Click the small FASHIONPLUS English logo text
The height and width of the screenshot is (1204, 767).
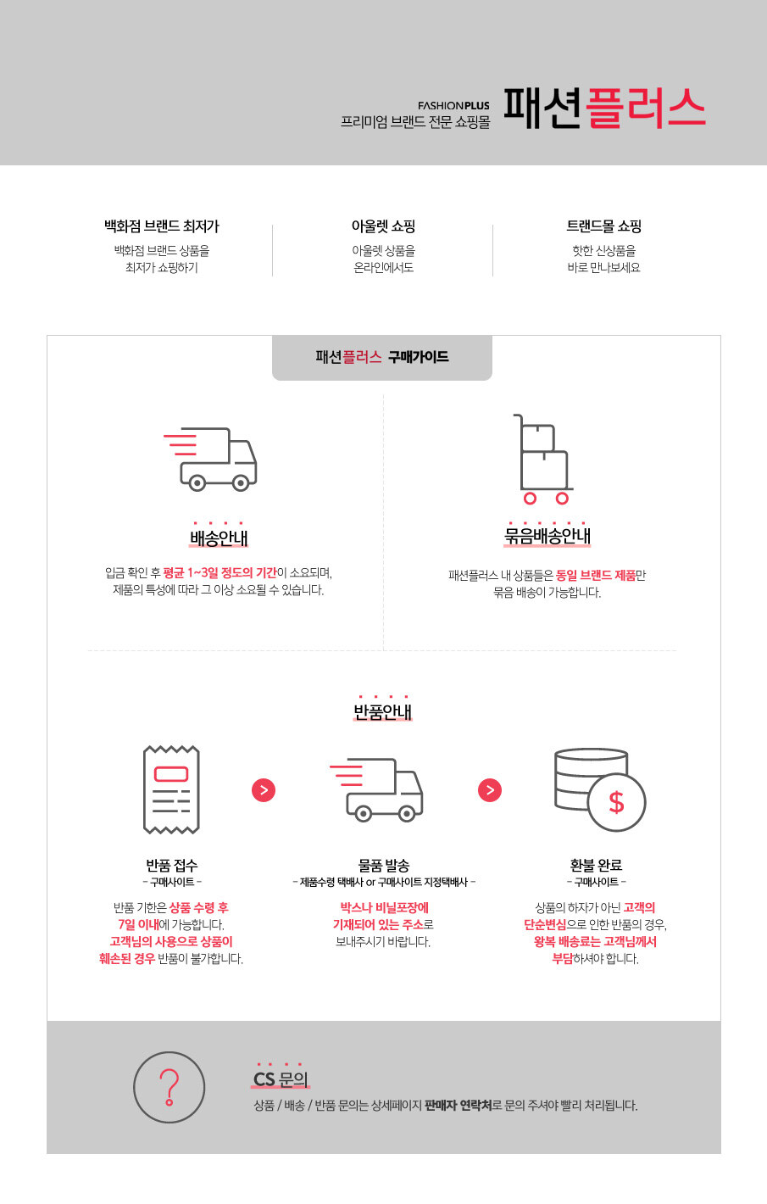tap(453, 106)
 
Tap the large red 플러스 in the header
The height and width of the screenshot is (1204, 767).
tap(645, 108)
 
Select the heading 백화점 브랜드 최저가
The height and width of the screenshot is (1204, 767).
tap(162, 226)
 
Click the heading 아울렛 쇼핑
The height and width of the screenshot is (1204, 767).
tap(383, 226)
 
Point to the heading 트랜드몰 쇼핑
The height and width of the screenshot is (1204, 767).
tap(603, 226)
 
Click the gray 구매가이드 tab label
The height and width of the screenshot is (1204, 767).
tap(382, 357)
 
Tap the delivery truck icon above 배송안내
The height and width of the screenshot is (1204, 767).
tap(210, 459)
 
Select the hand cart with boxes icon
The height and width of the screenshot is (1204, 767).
tap(543, 459)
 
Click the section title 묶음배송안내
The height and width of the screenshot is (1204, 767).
tap(547, 536)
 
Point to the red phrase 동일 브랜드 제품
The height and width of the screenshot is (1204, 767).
tap(596, 575)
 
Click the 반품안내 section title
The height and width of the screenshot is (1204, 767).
tap(383, 711)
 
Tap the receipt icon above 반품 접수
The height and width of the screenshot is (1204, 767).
tap(171, 789)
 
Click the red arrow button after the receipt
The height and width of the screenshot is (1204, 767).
tap(264, 790)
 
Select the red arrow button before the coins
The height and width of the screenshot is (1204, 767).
tap(490, 790)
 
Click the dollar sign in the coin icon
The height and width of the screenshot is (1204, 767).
tap(617, 802)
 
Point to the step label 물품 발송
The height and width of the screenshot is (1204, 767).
tap(383, 866)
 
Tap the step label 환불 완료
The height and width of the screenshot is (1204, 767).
tap(596, 866)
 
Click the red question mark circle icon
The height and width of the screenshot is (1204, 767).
tap(170, 1087)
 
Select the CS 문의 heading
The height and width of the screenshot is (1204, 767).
tap(281, 1079)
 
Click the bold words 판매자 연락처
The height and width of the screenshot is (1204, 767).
tap(459, 1106)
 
